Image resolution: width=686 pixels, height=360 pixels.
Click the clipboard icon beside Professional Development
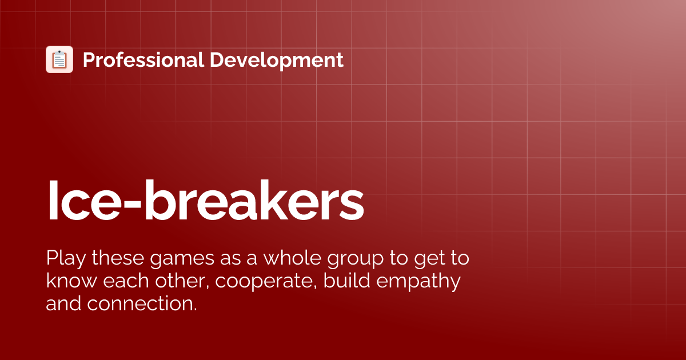(59, 59)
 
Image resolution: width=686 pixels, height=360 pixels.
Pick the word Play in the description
(64, 259)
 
